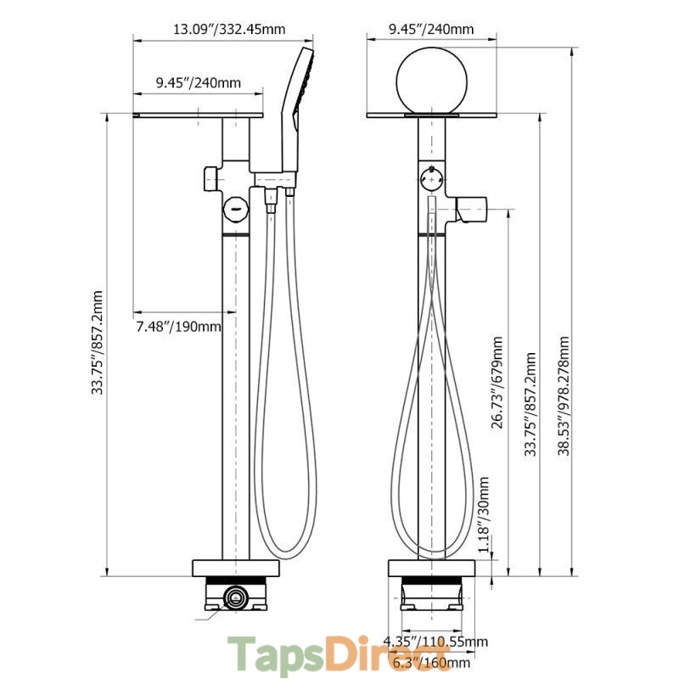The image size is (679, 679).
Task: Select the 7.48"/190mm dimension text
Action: [178, 327]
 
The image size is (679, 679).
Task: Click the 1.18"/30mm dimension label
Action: [484, 513]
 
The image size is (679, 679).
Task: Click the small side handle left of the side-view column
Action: [210, 179]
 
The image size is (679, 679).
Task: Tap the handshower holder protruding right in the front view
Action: [470, 207]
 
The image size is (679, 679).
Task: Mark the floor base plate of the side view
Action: [237, 569]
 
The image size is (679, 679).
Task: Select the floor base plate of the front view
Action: [432, 569]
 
